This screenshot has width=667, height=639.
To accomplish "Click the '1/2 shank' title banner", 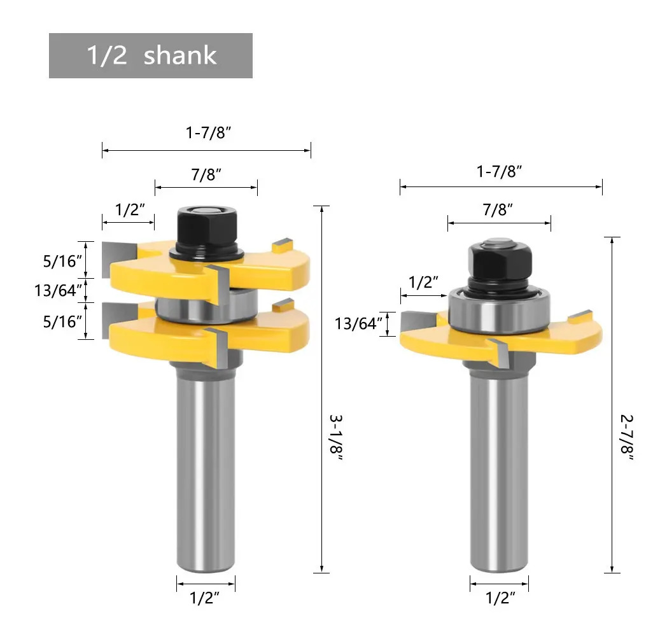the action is (x=151, y=56).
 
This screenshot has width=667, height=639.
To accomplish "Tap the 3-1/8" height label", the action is (x=336, y=437).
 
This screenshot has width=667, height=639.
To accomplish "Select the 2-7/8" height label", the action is (x=627, y=437).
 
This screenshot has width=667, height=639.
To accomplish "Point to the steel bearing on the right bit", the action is (x=500, y=310).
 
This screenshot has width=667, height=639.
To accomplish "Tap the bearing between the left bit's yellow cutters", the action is (x=206, y=306).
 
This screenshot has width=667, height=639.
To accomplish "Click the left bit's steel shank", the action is (x=206, y=468).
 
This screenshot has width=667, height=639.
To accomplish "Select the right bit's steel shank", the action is (x=500, y=468).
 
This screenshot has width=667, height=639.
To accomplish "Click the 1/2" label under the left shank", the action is (x=204, y=598).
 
